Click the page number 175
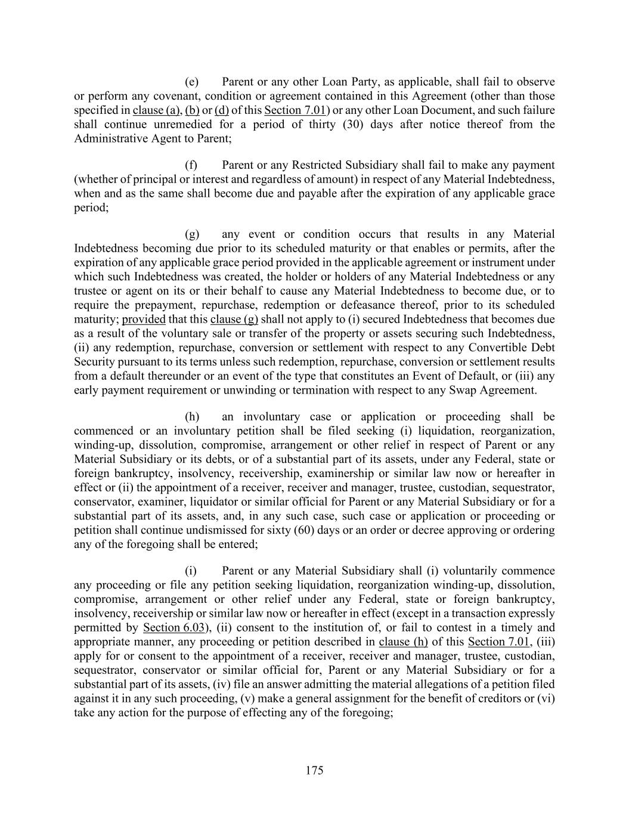tap(314, 770)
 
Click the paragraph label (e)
tap(192, 82)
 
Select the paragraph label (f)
tap(191, 165)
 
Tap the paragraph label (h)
tap(192, 416)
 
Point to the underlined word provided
tap(144, 319)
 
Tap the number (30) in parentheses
tap(349, 125)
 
